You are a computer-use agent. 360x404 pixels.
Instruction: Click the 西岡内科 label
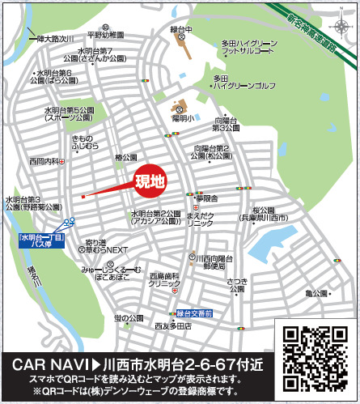click(42, 161)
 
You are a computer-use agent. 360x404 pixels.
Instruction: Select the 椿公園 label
click(128, 158)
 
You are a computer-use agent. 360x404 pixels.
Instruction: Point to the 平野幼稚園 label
click(106, 36)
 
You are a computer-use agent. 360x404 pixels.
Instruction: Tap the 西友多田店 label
click(172, 326)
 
